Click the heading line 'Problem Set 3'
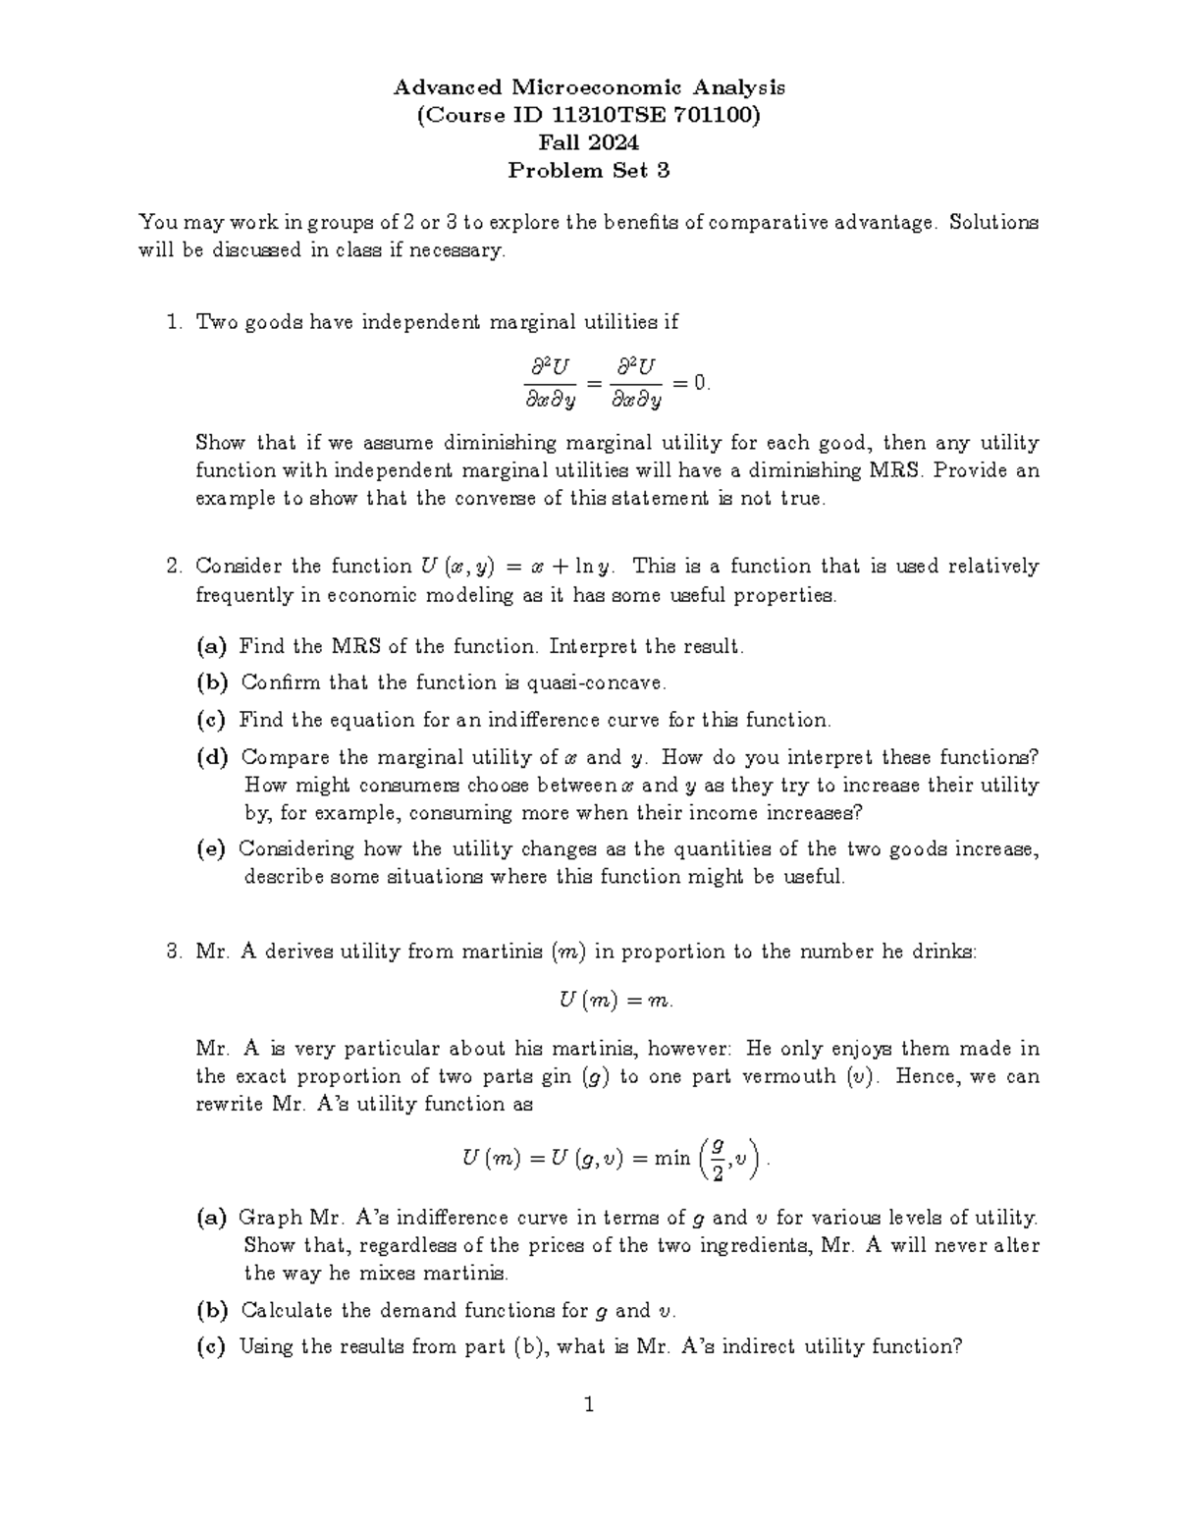588,171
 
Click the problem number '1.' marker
174,322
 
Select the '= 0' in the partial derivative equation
689,383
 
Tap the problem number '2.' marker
174,567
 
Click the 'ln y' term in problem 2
594,567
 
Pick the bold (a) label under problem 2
211,647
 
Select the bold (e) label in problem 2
211,848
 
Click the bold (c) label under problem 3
211,1347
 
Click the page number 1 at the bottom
589,1405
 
